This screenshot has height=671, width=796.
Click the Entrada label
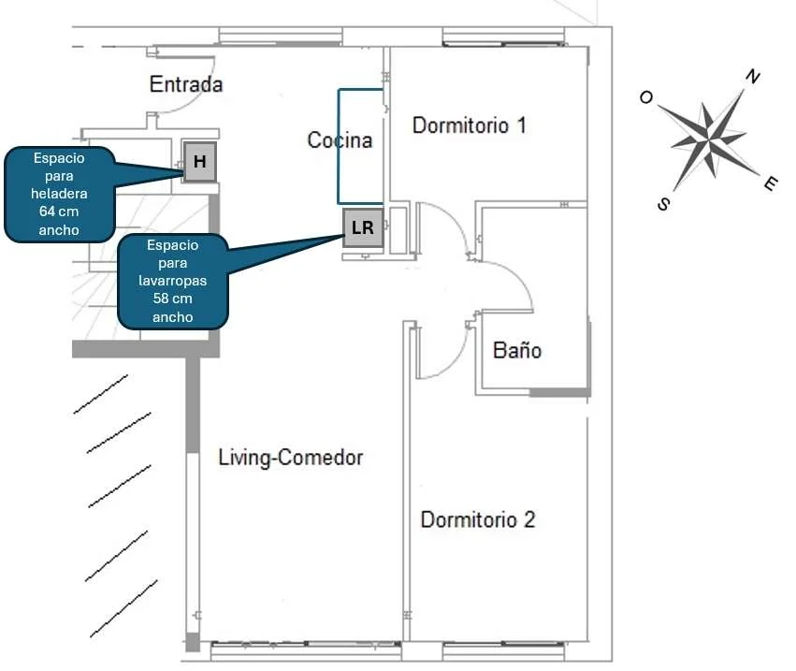[186, 84]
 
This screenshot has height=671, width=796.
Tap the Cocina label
[340, 139]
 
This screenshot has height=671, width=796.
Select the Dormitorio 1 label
[469, 125]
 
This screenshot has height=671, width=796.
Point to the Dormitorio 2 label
[478, 519]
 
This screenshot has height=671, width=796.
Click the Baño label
[517, 350]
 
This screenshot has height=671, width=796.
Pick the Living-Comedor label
[290, 457]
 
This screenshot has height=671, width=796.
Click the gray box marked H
[200, 162]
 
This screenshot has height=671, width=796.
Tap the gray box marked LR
[363, 227]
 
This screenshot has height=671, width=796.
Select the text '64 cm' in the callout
[59, 212]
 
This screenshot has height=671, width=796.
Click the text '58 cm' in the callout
[173, 299]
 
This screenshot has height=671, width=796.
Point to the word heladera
[59, 194]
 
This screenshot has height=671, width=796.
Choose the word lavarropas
[173, 281]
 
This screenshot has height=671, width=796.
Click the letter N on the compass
[753, 76]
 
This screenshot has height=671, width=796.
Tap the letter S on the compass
[663, 204]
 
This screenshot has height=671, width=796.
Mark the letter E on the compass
[771, 183]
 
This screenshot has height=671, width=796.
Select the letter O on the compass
[645, 97]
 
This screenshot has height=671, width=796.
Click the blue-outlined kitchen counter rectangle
[339, 146]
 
